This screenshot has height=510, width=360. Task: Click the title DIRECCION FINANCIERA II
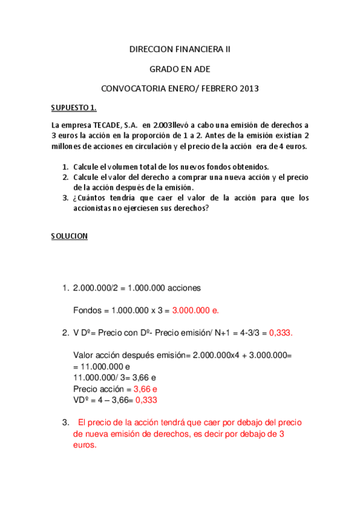click(180, 50)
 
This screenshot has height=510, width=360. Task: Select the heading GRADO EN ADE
click(180, 69)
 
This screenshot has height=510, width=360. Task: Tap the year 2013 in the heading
click(249, 88)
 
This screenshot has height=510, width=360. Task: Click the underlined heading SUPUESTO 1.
click(74, 108)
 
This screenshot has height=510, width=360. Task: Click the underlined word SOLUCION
click(70, 236)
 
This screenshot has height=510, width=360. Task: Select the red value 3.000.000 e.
click(196, 310)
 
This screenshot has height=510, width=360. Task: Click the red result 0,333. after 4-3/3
click(281, 332)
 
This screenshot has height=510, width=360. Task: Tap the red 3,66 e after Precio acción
click(145, 389)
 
